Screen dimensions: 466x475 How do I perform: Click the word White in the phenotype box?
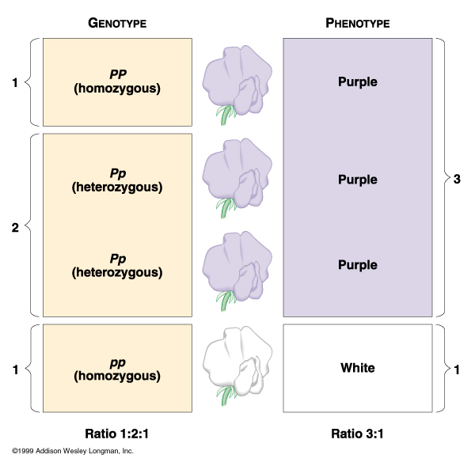pos(358,368)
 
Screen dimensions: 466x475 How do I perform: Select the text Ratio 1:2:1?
pos(117,433)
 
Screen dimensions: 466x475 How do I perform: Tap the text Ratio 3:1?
pos(358,433)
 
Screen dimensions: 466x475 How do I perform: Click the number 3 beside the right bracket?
pos(457,179)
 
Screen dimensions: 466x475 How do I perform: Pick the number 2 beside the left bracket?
pos(15,228)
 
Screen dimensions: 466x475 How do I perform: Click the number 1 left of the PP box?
pos(15,81)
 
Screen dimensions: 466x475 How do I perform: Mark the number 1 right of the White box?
pos(457,368)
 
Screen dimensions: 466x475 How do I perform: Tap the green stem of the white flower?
pos(226,394)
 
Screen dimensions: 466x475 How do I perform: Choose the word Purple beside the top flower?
pos(358,81)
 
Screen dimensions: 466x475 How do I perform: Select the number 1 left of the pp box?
pos(15,368)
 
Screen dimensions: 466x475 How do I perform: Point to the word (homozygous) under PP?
pos(117,89)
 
